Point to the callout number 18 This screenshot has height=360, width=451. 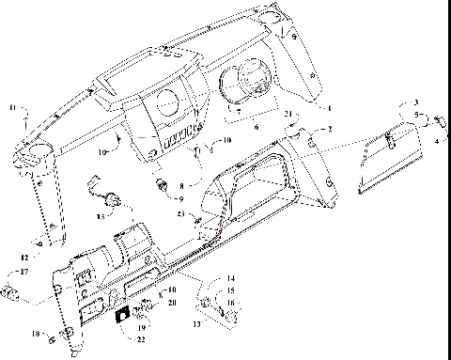(35, 334)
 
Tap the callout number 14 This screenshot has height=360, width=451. (231, 279)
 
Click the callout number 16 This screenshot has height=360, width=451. (231, 303)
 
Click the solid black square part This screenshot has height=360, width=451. (121, 317)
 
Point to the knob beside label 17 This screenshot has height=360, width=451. (9, 291)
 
